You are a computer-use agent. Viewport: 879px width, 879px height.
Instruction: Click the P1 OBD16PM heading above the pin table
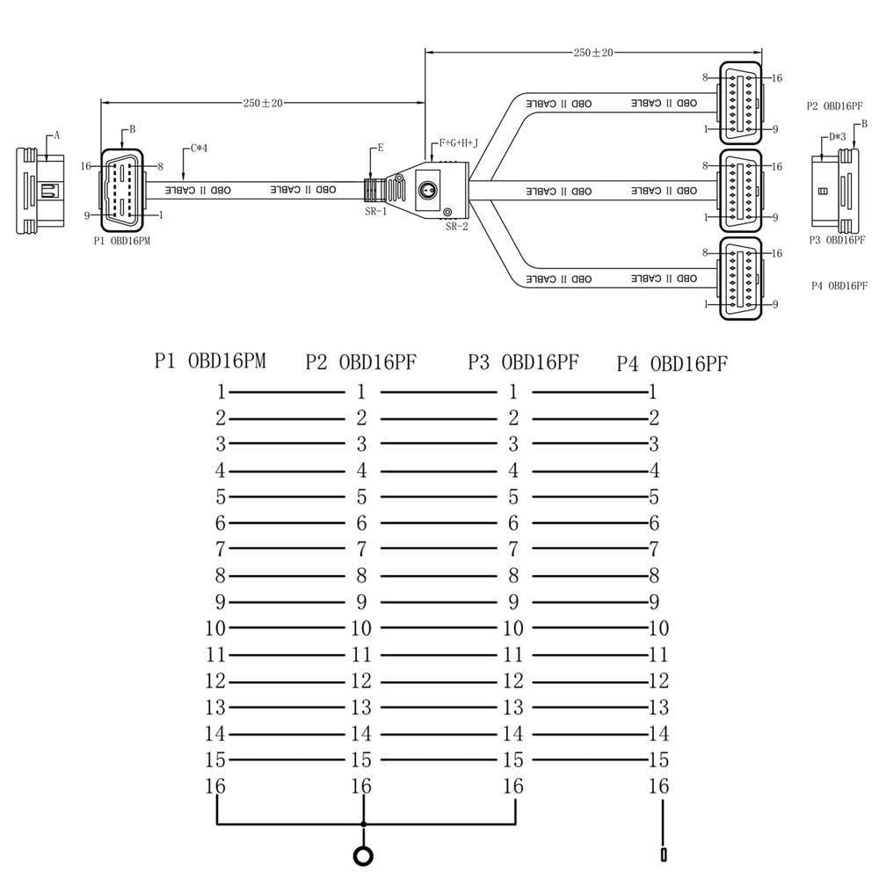pyautogui.click(x=210, y=360)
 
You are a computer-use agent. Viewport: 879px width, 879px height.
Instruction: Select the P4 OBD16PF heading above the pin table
pyautogui.click(x=672, y=363)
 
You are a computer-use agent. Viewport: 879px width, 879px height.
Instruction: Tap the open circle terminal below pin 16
pyautogui.click(x=362, y=854)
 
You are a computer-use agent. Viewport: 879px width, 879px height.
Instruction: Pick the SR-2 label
pyautogui.click(x=456, y=227)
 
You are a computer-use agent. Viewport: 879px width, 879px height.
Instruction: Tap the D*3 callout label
pyautogui.click(x=837, y=137)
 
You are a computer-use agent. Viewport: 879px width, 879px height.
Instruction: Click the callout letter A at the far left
pyautogui.click(x=57, y=135)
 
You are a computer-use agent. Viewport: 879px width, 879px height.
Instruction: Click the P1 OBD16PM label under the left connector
pyautogui.click(x=122, y=240)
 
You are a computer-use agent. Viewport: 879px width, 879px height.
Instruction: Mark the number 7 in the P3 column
pyautogui.click(x=513, y=549)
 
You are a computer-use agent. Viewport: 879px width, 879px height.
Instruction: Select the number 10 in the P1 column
pyautogui.click(x=215, y=628)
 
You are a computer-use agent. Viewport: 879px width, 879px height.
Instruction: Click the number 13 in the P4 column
pyautogui.click(x=658, y=708)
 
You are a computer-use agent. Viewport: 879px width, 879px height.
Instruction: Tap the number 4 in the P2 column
pyautogui.click(x=361, y=470)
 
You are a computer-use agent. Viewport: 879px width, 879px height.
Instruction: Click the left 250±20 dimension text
pyautogui.click(x=263, y=103)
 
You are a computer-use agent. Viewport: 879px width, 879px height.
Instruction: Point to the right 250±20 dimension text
pyautogui.click(x=593, y=53)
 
